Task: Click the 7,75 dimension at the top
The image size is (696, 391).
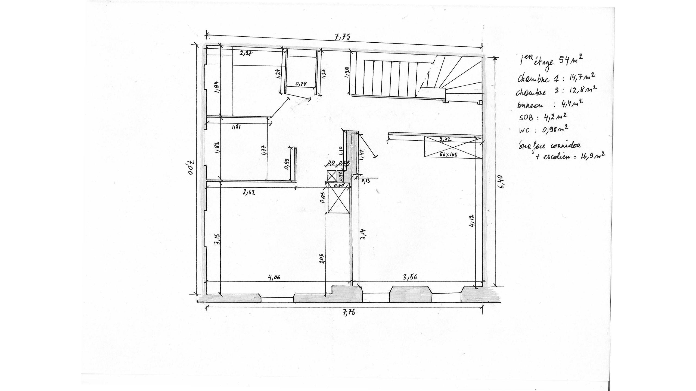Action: [343, 37]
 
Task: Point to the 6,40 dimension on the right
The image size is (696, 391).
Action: [501, 181]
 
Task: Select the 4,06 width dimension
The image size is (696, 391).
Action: [274, 278]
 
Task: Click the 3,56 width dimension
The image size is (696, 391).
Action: [410, 277]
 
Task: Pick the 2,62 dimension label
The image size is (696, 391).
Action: [249, 193]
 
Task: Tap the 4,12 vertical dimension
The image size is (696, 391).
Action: [472, 221]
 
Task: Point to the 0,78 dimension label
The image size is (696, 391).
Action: [301, 84]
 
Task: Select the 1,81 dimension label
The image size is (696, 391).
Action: [236, 127]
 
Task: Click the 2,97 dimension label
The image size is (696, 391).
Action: [246, 53]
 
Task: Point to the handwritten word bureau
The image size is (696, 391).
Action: [530, 105]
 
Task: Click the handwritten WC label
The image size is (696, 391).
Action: [524, 131]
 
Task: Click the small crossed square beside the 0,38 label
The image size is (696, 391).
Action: [332, 176]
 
